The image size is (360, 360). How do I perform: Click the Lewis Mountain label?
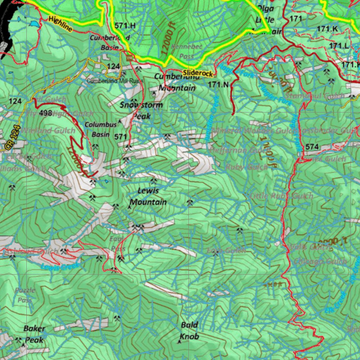[x=148, y=196]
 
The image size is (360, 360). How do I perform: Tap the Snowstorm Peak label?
[x=141, y=110]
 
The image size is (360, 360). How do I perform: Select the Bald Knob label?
[x=189, y=330]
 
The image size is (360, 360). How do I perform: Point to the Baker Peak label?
[x=34, y=334]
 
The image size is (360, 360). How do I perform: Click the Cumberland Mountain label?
[x=175, y=82]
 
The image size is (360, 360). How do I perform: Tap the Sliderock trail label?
[x=198, y=73]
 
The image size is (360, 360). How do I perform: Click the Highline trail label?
[x=61, y=24]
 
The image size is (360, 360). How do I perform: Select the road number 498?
[x=46, y=113]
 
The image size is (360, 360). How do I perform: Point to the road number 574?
[x=312, y=147]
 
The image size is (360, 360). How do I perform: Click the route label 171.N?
[x=218, y=84]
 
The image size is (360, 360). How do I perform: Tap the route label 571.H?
[x=125, y=25]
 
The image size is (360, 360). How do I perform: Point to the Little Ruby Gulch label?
[x=281, y=196]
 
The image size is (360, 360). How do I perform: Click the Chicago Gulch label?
[x=320, y=261]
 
